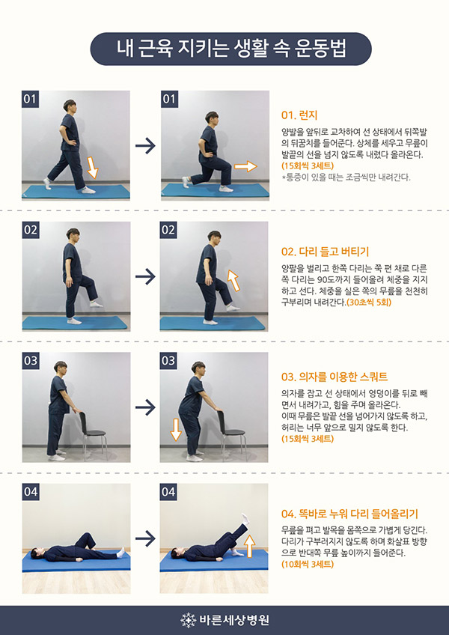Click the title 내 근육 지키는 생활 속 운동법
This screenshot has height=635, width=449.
coord(230,49)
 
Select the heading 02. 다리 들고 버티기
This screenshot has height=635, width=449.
coord(325,252)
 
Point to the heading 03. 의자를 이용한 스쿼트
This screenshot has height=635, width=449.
coord(335,377)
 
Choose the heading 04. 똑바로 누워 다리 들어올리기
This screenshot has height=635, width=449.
coord(349,514)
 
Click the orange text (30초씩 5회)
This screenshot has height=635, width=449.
coord(368,302)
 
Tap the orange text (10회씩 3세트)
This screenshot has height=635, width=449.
coord(308,564)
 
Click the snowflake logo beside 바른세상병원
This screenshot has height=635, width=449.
coord(189,620)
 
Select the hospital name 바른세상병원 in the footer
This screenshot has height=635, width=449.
coord(234,620)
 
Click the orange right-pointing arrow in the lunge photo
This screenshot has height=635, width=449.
coord(245,166)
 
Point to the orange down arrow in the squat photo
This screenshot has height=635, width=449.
coord(175,430)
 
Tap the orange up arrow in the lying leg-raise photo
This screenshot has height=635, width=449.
coord(250,545)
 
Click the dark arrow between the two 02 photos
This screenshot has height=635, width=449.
coord(145,277)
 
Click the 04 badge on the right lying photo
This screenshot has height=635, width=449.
coord(168,492)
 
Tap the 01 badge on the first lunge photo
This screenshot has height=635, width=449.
coord(30,99)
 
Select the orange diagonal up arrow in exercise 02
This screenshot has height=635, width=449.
coord(233,281)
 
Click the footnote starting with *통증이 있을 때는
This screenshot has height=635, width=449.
coord(346,177)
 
